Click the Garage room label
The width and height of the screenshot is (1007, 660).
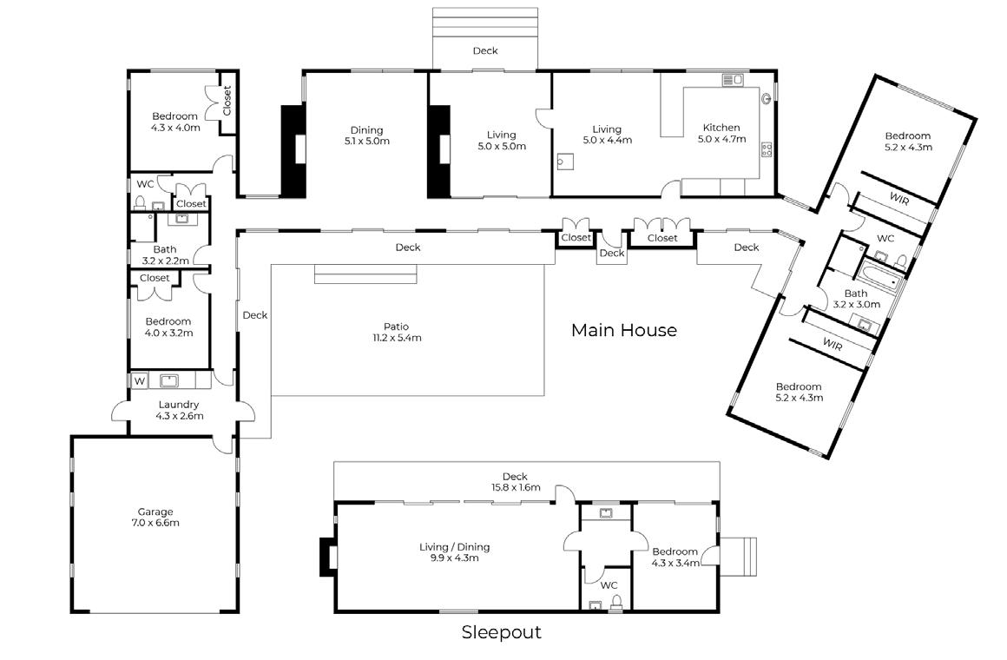coord(155,518)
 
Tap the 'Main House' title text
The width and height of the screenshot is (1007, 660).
coord(623,330)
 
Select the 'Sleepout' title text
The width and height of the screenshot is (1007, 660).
coord(501,632)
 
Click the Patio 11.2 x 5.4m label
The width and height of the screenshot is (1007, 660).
coord(397,332)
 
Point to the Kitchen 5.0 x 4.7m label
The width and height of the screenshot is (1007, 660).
coord(722,133)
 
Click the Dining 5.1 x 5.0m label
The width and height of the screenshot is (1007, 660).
coord(366,135)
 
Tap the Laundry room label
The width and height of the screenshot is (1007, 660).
coord(179,410)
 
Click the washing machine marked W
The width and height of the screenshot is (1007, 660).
coord(140,380)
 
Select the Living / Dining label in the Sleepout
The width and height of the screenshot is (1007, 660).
coord(455,552)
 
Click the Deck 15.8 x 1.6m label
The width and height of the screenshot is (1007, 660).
coord(516,481)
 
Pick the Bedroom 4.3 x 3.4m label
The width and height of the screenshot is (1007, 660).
coord(675,558)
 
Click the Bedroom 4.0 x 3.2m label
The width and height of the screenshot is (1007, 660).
coord(168,327)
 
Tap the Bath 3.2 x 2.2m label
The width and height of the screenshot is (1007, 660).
coord(165,255)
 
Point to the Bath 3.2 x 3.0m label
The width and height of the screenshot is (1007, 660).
coord(856,299)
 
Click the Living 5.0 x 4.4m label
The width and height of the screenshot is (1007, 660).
coord(607,135)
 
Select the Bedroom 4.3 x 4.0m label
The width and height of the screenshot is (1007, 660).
coord(175,122)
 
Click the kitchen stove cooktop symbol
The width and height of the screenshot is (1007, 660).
coord(767,149)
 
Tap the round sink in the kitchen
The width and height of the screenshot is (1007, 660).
coord(767,99)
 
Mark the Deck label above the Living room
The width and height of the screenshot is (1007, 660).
coord(485,50)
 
